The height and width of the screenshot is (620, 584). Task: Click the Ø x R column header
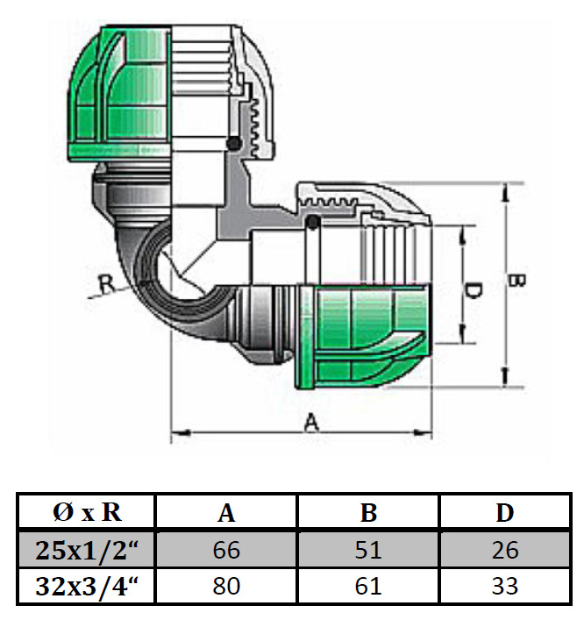coord(87,512)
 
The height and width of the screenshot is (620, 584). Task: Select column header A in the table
coord(226,513)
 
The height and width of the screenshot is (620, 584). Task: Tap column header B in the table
coord(368,513)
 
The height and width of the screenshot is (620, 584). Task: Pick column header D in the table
coord(505,513)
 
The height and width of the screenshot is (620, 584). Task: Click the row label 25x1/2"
coord(87,550)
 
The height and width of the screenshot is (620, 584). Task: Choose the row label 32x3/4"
coord(87,586)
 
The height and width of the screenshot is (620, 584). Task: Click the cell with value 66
coord(226,550)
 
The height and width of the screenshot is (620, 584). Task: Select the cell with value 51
coord(368,550)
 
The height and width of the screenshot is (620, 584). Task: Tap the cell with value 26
coord(505,550)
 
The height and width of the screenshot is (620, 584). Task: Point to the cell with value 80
coord(226,586)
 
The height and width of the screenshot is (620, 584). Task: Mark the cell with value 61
coord(368,586)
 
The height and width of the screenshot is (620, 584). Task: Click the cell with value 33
coord(505,586)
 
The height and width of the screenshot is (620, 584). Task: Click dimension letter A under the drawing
coord(311,422)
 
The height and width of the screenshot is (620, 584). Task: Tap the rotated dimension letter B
coord(516,280)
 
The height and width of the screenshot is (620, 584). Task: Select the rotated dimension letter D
coord(473,290)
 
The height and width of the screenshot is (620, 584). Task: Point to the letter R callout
coord(106,283)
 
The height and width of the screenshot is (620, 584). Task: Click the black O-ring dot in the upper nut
coord(233,144)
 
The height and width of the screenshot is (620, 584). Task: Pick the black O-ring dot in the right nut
coord(313,222)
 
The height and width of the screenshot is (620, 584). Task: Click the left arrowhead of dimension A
coord(181,432)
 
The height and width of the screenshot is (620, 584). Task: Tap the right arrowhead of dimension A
coord(423,432)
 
